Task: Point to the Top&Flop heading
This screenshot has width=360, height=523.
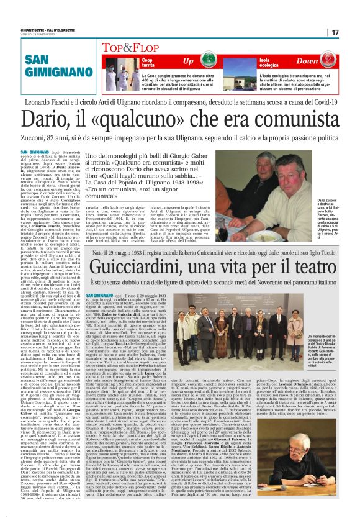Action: coord(125,47)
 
